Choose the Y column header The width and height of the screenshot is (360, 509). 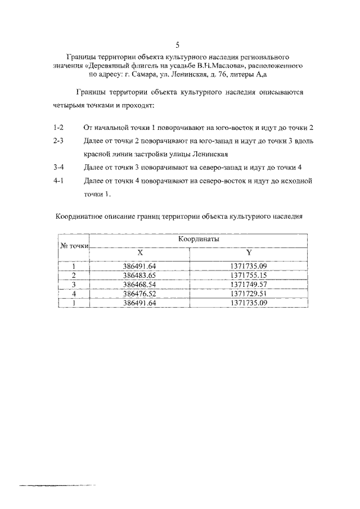click(x=248, y=253)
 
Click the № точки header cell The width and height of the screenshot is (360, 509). click(x=74, y=246)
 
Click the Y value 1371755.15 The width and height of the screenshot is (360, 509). click(x=248, y=275)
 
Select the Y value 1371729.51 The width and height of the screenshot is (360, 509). click(x=248, y=293)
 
